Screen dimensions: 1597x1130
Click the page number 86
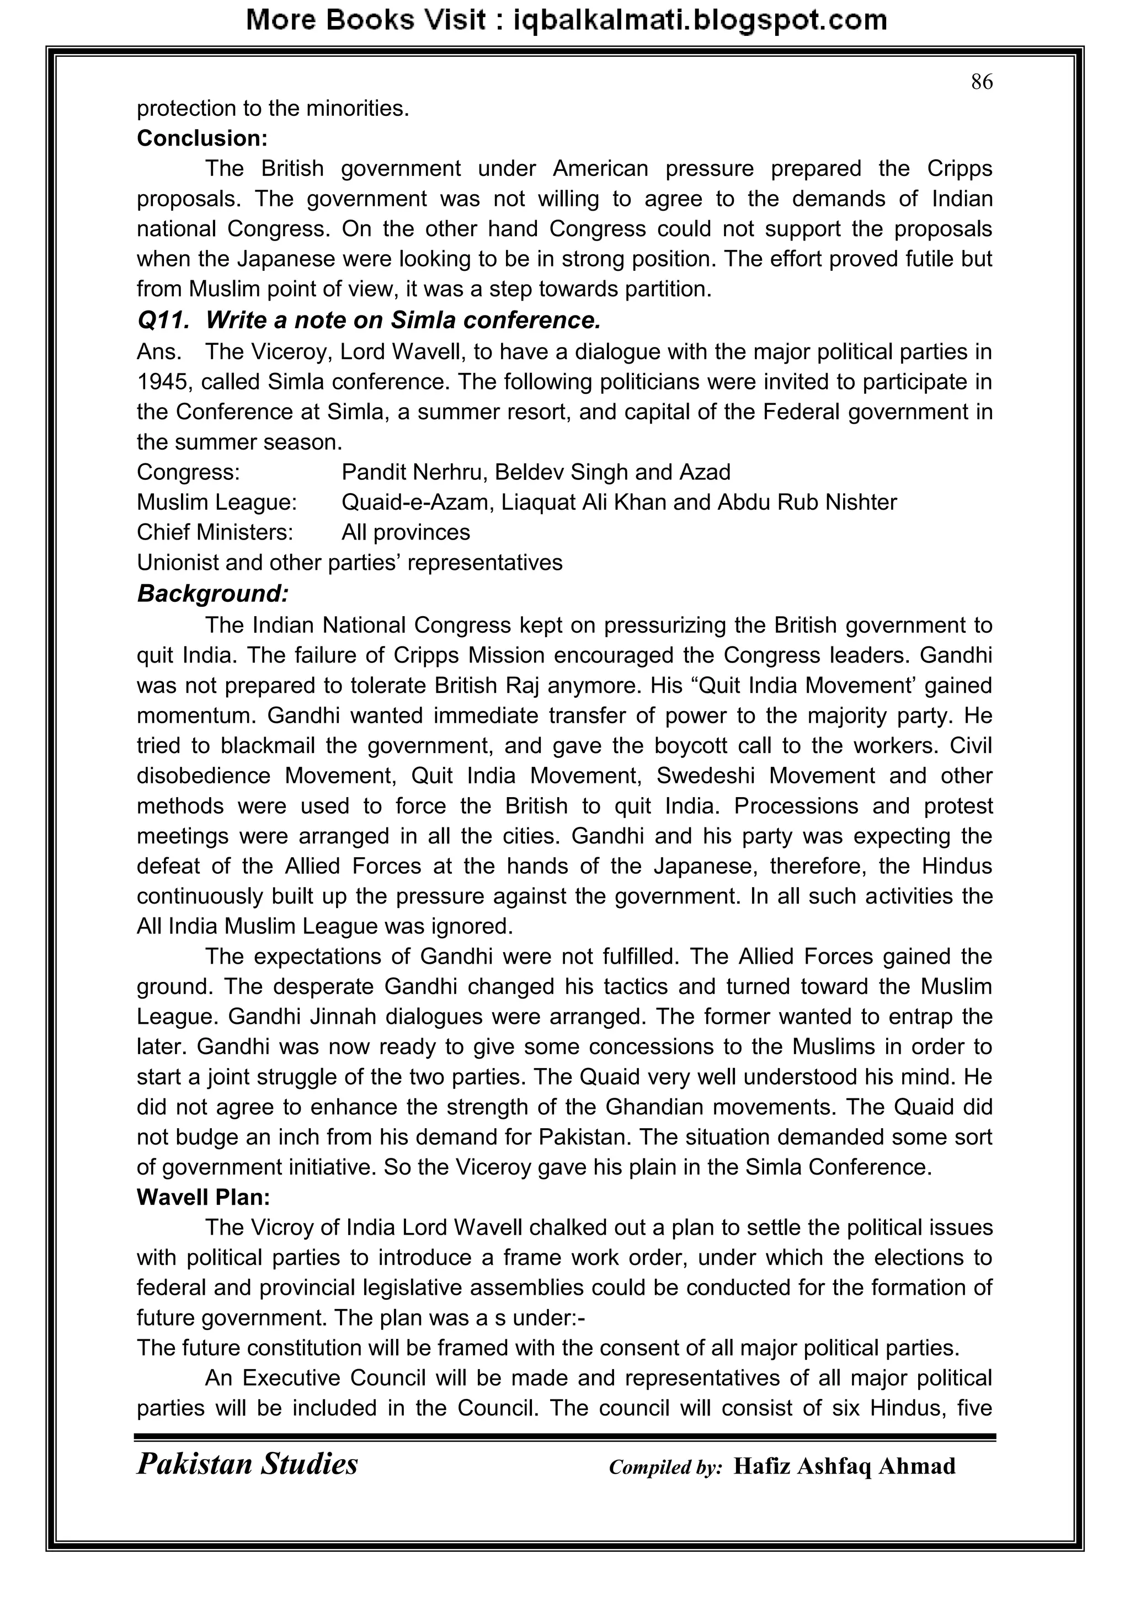coord(981,82)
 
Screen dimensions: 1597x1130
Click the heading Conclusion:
coord(202,138)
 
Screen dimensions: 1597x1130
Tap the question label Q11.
coord(163,320)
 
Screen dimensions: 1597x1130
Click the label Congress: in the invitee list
coord(188,472)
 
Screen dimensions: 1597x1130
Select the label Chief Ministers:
coord(214,532)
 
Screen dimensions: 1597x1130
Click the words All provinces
coord(405,532)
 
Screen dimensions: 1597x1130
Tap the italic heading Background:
coord(212,594)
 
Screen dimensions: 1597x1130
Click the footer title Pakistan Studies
coord(247,1464)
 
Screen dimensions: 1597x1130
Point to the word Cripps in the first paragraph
coord(960,169)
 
